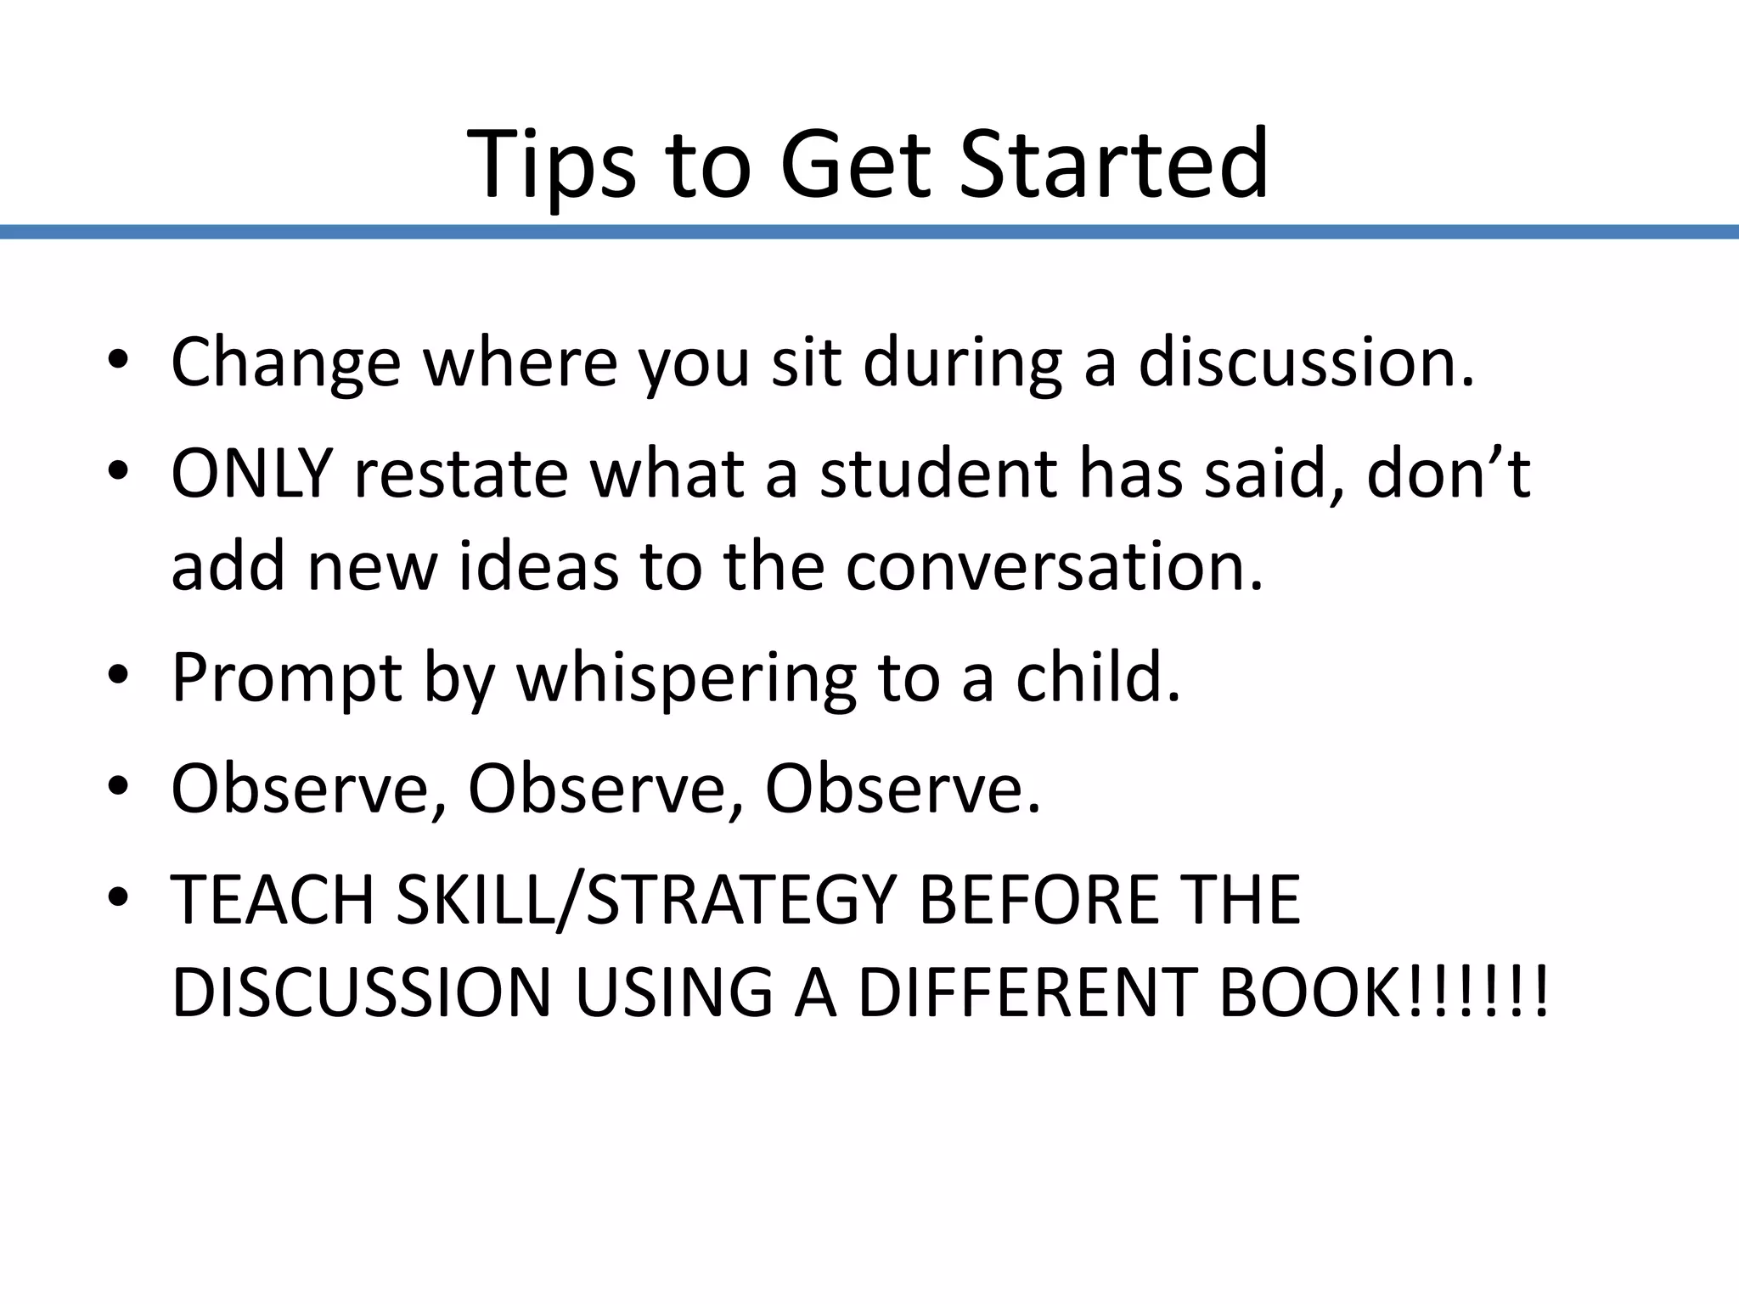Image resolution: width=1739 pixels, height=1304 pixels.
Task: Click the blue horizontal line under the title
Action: pos(869,232)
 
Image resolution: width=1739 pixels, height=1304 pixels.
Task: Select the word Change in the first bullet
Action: pos(285,363)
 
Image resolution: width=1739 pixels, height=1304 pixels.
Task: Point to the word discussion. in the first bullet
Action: pos(1306,363)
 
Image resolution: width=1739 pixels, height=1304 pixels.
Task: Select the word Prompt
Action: pos(286,678)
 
